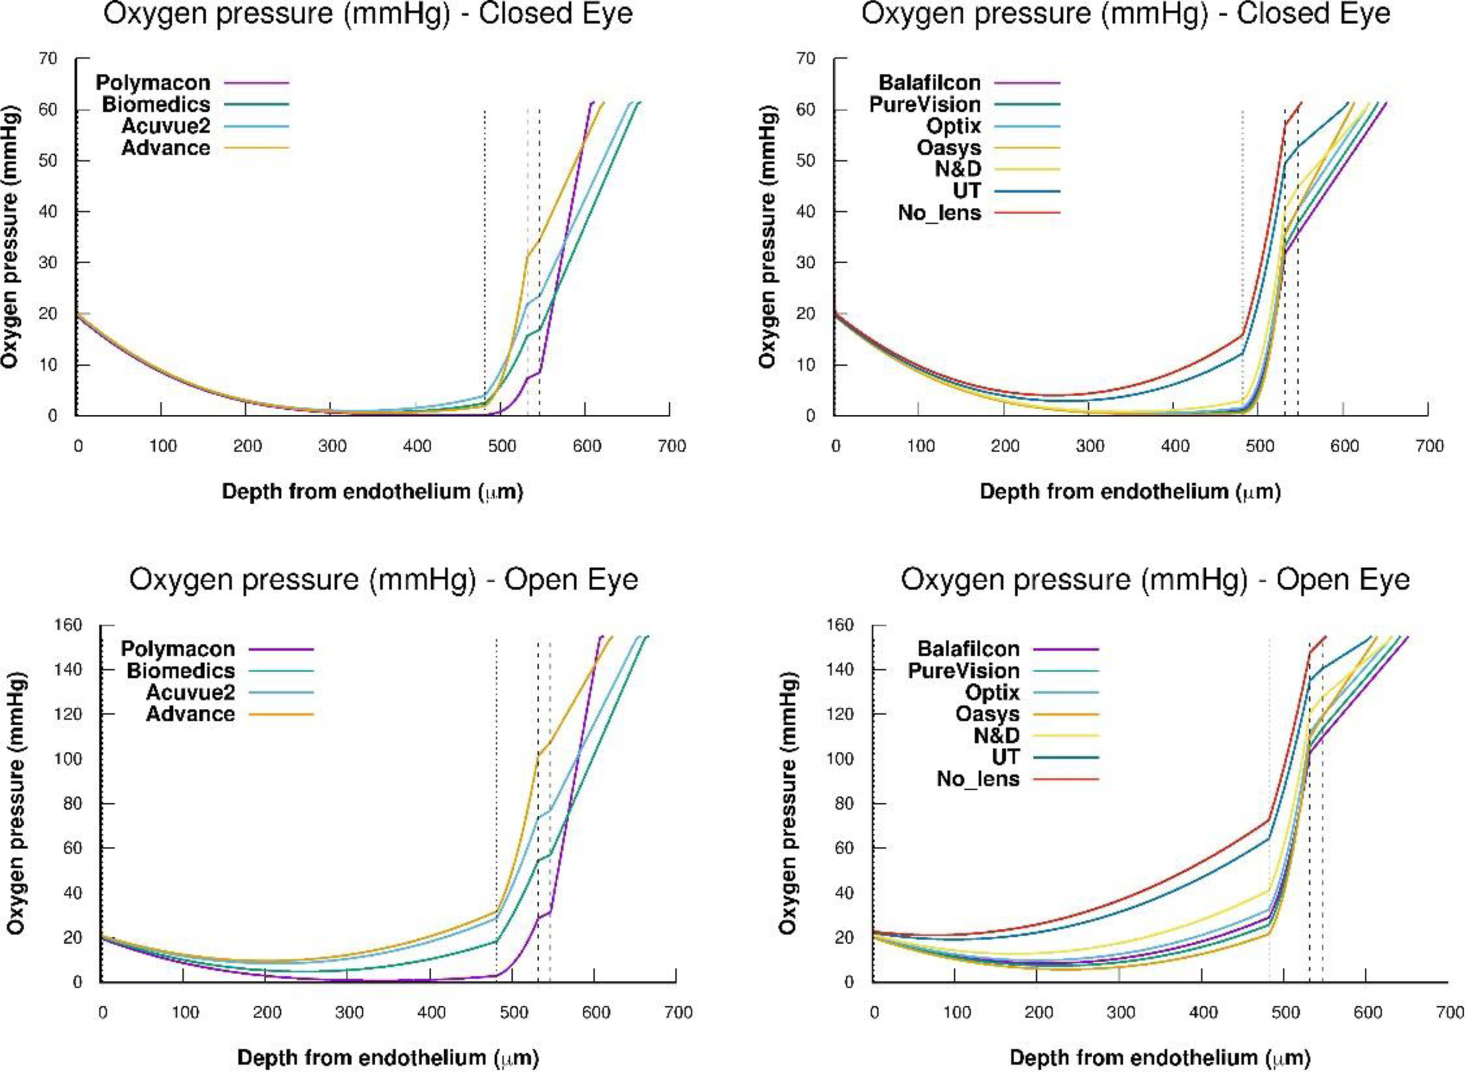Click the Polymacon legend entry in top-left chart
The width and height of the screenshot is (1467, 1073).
tap(153, 83)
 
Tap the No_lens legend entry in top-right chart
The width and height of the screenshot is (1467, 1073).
tap(939, 213)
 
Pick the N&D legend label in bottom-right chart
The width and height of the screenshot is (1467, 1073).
tap(996, 736)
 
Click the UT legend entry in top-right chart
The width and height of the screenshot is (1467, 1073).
tap(967, 191)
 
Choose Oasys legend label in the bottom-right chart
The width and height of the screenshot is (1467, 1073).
tap(987, 714)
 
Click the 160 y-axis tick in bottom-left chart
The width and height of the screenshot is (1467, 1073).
tap(68, 625)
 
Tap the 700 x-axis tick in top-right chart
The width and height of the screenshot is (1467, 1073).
tap(1428, 446)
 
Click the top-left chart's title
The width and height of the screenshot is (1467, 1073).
tap(368, 14)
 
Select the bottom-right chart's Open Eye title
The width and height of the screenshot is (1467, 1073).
tap(1155, 580)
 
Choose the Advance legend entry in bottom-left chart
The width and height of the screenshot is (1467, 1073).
tap(190, 714)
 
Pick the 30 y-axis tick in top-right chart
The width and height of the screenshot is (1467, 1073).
tap(807, 262)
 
